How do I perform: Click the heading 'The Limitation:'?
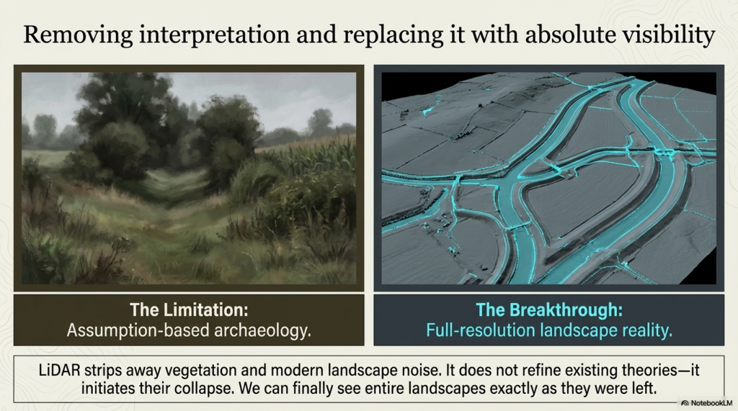[189, 310]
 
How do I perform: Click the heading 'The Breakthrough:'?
[548, 310]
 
